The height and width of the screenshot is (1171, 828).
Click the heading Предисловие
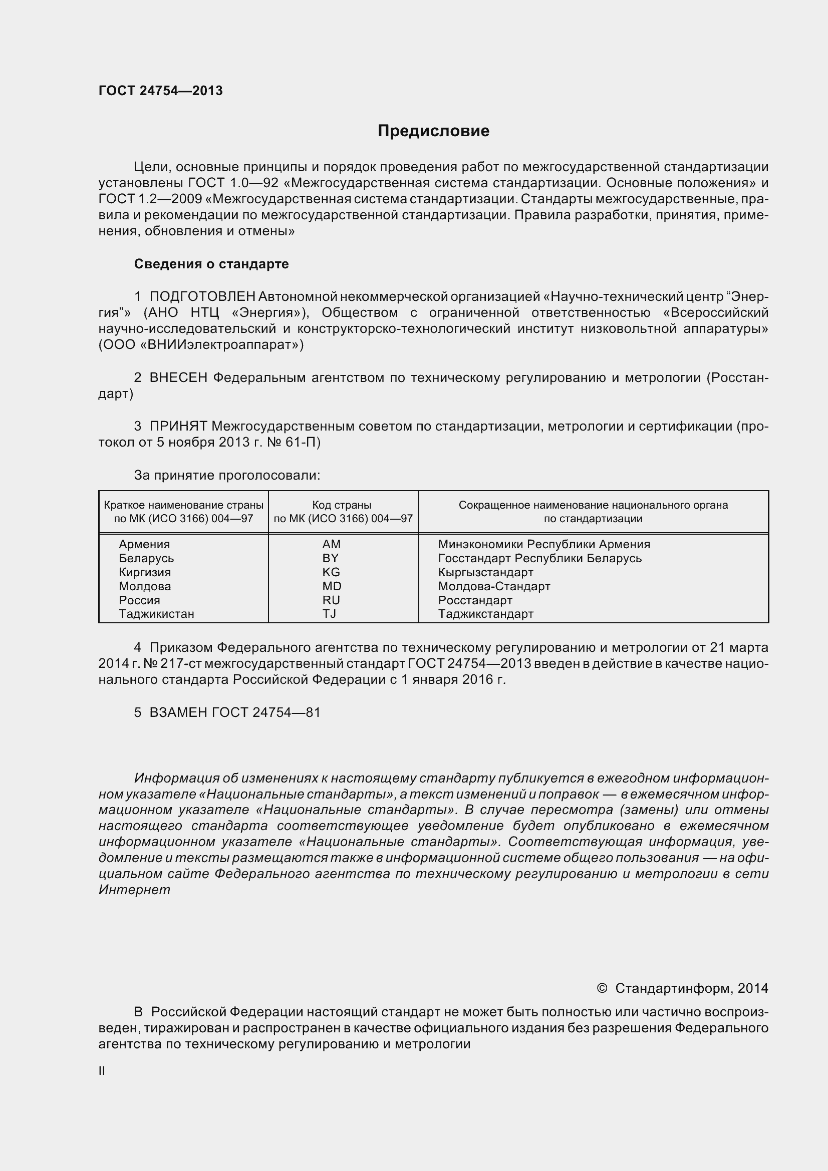point(433,131)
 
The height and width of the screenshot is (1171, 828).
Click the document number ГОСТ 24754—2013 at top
point(161,91)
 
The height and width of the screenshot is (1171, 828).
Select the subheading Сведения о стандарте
point(211,264)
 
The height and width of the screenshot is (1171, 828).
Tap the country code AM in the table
point(331,544)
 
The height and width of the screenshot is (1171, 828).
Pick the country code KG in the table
point(331,572)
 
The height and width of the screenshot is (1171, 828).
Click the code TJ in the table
point(330,614)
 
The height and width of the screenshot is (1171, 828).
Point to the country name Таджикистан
point(157,614)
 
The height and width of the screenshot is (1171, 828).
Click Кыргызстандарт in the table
point(486,572)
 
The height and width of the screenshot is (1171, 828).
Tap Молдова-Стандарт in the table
point(494,586)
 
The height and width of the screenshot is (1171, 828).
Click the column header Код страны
point(342,505)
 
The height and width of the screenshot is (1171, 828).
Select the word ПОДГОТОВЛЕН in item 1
point(202,296)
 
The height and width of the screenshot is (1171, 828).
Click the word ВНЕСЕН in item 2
point(178,377)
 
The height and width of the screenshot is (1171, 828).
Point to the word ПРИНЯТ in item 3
point(178,426)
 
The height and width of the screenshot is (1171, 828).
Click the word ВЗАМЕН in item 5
point(178,712)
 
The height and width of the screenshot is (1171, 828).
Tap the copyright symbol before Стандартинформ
point(602,988)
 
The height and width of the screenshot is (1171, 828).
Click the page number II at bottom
point(102,1071)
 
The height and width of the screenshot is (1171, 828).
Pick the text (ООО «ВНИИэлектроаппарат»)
point(201,345)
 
